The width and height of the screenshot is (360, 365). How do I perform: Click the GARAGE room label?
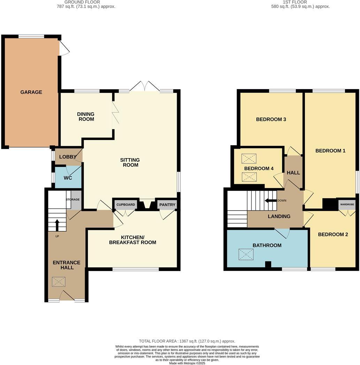pyautogui.click(x=31, y=92)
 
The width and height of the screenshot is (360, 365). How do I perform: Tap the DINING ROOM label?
pyautogui.click(x=86, y=117)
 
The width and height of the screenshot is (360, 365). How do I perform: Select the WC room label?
pyautogui.click(x=68, y=178)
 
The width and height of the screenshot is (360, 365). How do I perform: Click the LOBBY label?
pyautogui.click(x=68, y=157)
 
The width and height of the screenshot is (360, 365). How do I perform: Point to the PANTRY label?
pyautogui.click(x=167, y=205)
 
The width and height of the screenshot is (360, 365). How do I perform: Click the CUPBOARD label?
pyautogui.click(x=125, y=205)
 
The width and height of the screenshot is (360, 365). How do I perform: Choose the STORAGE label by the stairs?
pyautogui.click(x=73, y=200)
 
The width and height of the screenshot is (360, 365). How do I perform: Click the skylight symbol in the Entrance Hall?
pyautogui.click(x=58, y=282)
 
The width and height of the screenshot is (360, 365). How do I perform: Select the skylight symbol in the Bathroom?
pyautogui.click(x=246, y=255)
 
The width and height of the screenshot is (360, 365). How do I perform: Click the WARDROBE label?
pyautogui.click(x=347, y=204)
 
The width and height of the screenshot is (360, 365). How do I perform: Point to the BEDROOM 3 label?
pyautogui.click(x=271, y=119)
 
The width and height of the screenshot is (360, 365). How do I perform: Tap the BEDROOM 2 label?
pyautogui.click(x=333, y=234)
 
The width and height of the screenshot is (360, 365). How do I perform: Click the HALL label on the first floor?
pyautogui.click(x=293, y=173)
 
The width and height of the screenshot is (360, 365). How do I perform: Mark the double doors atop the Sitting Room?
pyautogui.click(x=145, y=87)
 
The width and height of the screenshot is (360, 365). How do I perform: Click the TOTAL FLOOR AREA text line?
pyautogui.click(x=187, y=341)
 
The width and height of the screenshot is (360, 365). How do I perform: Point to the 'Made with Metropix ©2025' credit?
pyautogui.click(x=187, y=363)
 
